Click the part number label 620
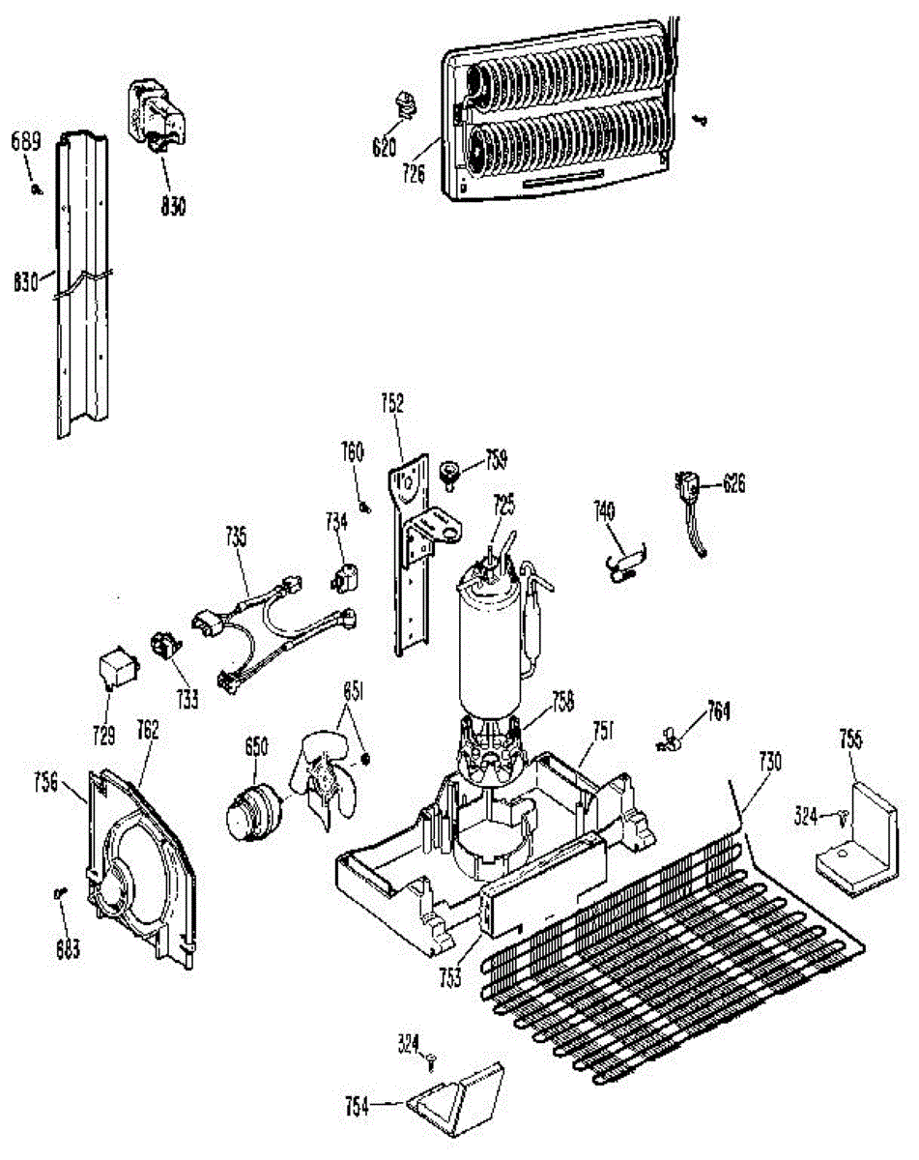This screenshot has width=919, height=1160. tap(386, 149)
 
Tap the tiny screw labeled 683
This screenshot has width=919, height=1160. tap(60, 894)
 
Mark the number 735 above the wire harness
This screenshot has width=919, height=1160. tap(237, 534)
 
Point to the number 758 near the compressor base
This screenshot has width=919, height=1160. tap(561, 699)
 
